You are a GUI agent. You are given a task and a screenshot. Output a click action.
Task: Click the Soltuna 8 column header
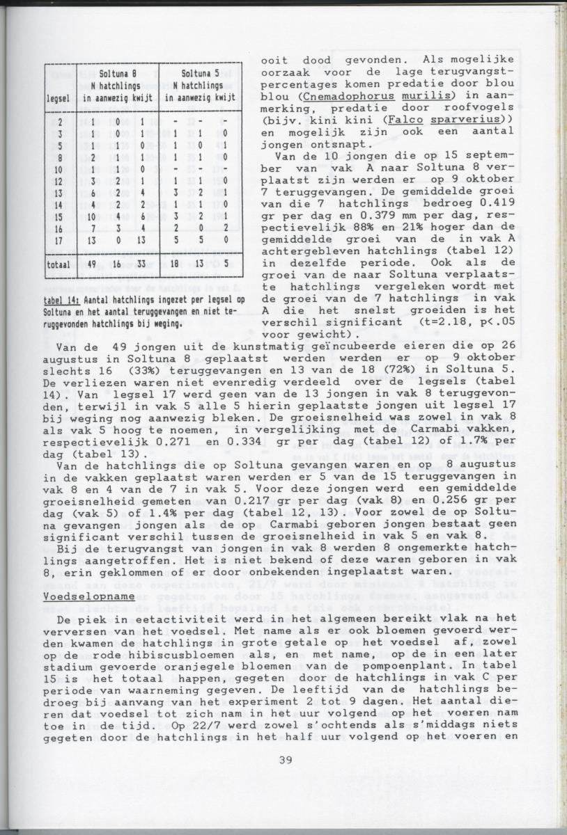coord(116,73)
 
